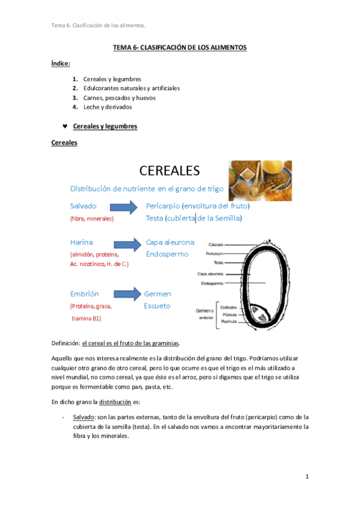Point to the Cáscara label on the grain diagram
(x=216, y=245)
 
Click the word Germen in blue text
(x=157, y=294)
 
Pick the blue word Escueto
(x=157, y=306)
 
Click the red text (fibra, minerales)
(x=92, y=219)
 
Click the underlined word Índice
(x=61, y=63)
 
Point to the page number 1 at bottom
(x=307, y=477)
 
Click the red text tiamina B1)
(x=86, y=319)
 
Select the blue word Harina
(x=82, y=242)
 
